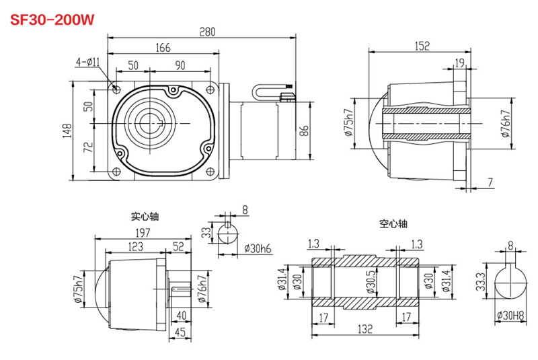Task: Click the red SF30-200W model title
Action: click(x=51, y=20)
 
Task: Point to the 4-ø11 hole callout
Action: click(x=87, y=62)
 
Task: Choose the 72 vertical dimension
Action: click(x=87, y=148)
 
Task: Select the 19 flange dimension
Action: click(x=459, y=63)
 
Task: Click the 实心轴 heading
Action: click(x=144, y=217)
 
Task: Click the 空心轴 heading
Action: click(x=393, y=224)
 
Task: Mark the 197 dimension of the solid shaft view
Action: click(x=142, y=232)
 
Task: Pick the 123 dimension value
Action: click(x=135, y=247)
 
